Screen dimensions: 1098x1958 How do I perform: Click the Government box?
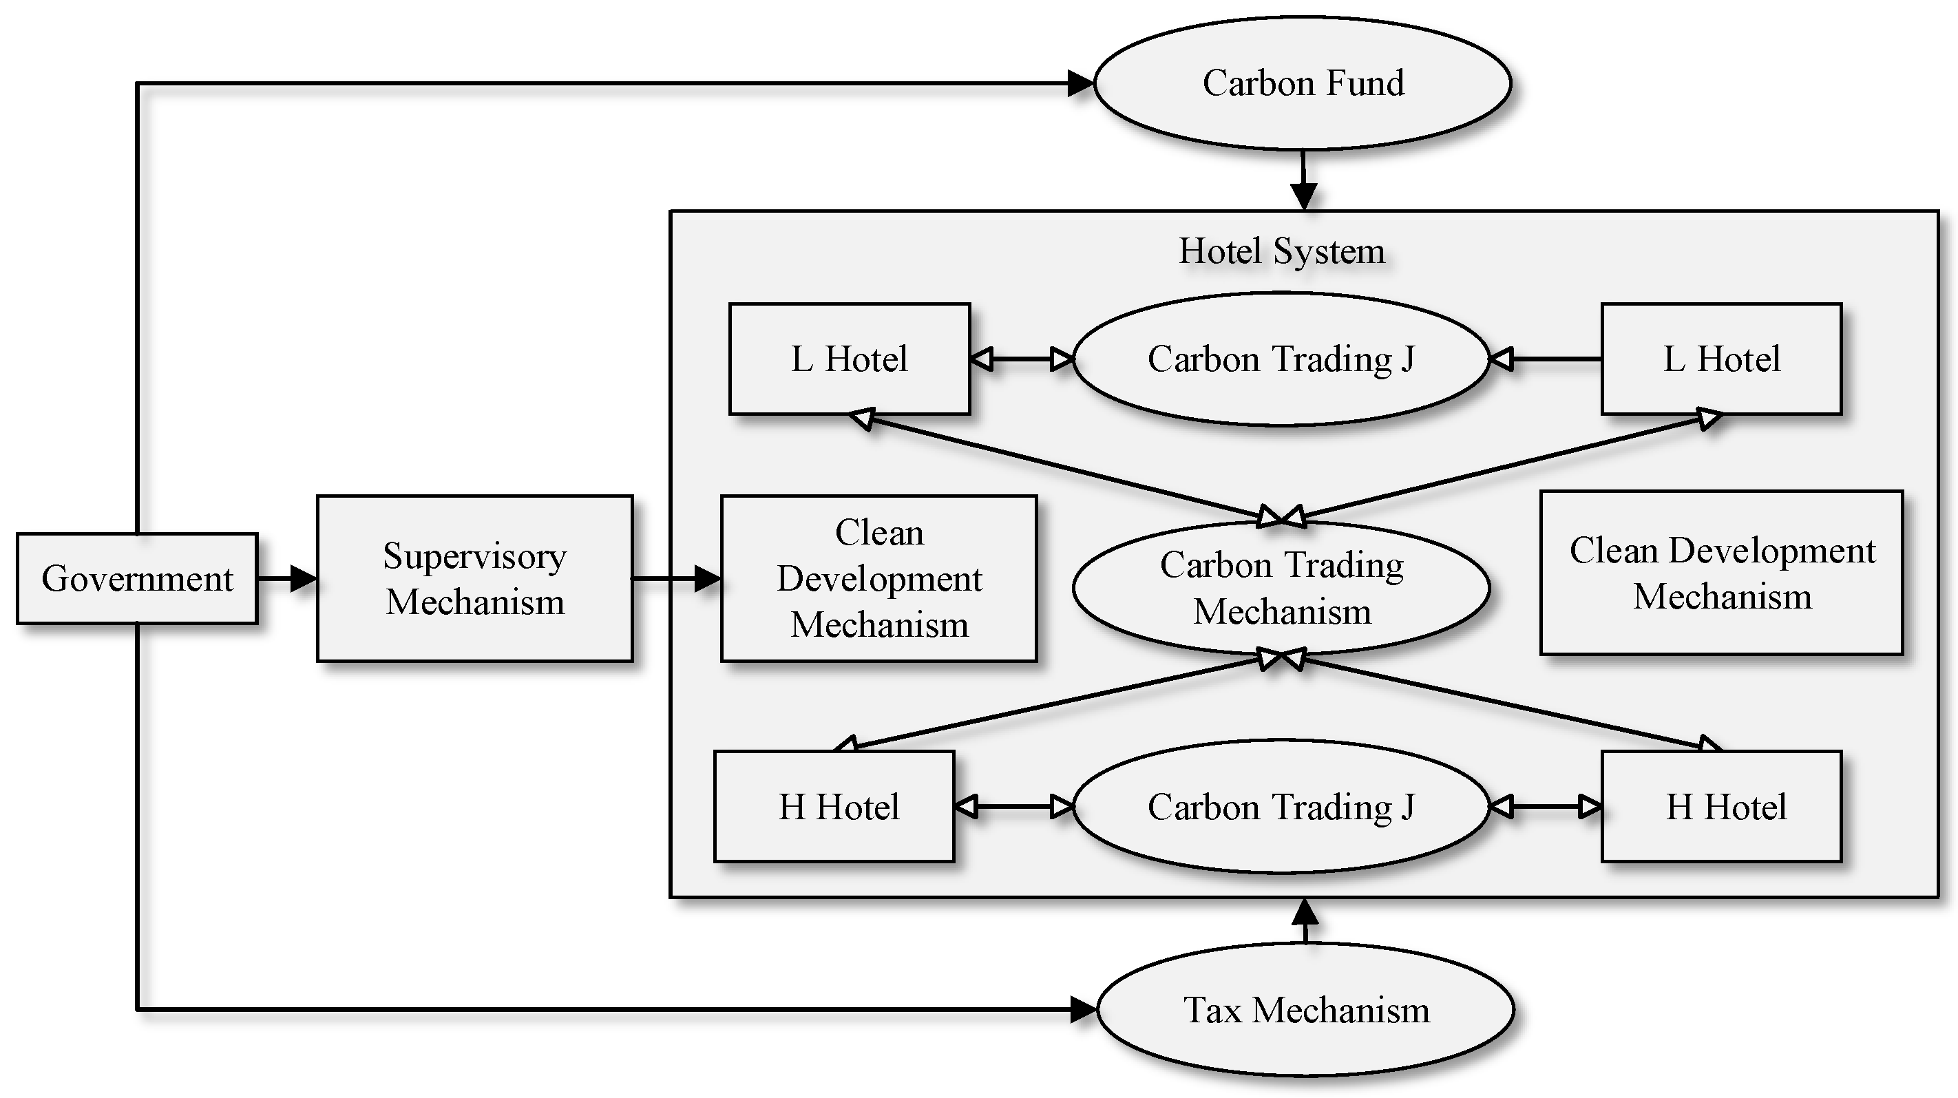coord(137,578)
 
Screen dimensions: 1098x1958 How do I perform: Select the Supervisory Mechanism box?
coord(474,578)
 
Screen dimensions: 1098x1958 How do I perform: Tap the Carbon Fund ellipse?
coord(1302,83)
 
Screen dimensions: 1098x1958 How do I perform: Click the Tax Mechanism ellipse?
coord(1306,1010)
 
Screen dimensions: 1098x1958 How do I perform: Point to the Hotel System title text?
coord(1281,251)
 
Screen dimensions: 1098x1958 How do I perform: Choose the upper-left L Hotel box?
coord(849,359)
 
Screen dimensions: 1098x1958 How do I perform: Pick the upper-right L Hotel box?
coord(1721,359)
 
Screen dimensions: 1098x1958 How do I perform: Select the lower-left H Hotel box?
coord(834,806)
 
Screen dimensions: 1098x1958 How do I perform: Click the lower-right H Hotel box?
coord(1721,806)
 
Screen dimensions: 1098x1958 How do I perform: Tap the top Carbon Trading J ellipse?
coord(1281,359)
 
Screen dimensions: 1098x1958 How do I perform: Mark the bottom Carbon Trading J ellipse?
coord(1281,806)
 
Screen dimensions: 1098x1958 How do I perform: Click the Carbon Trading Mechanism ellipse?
coord(1281,587)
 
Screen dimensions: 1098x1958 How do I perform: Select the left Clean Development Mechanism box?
coord(878,578)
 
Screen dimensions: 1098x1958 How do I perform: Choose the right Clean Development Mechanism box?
coord(1721,573)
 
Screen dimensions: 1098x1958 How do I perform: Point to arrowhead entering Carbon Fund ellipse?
coord(1080,83)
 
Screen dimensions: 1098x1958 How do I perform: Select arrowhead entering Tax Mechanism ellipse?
coord(1082,1010)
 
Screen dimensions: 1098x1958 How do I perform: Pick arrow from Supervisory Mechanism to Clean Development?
coord(677,578)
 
